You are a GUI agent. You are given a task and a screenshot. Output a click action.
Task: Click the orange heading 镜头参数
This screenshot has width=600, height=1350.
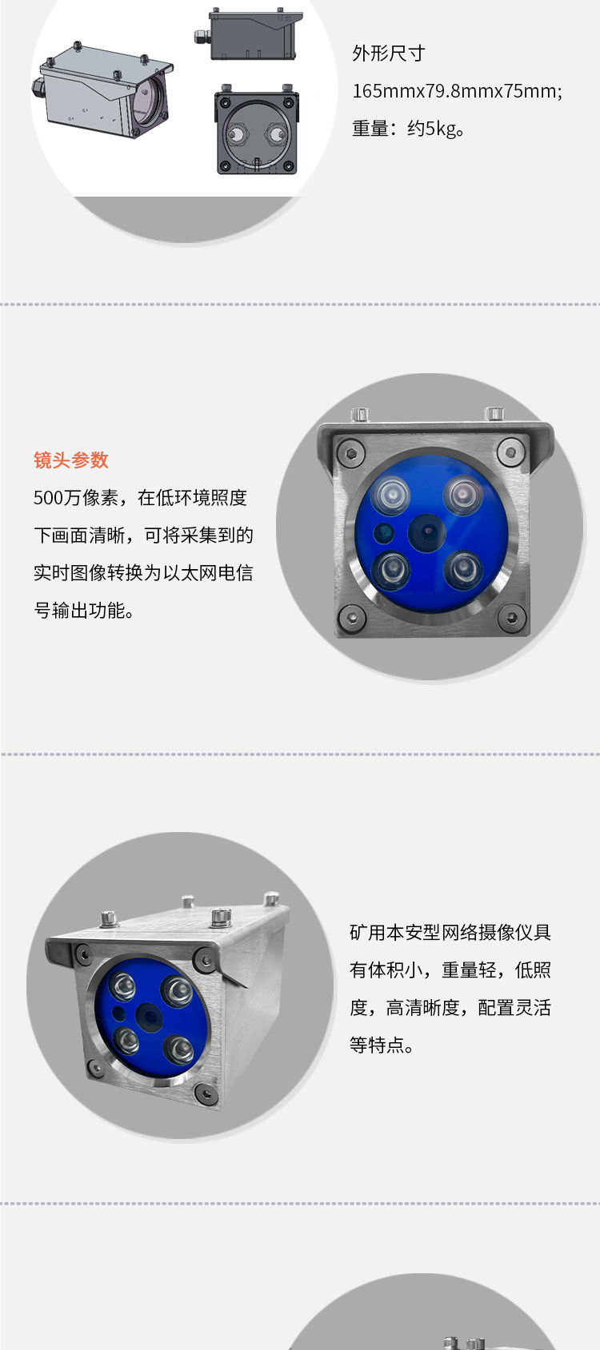[70, 460]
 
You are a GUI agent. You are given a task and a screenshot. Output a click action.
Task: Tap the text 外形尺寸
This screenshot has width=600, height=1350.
[389, 54]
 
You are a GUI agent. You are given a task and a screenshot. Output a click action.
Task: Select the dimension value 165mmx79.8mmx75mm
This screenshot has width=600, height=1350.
[454, 91]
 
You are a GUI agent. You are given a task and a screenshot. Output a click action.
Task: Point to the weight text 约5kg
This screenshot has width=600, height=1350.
[431, 129]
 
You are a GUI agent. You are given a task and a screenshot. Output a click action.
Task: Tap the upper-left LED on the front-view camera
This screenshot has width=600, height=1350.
[390, 496]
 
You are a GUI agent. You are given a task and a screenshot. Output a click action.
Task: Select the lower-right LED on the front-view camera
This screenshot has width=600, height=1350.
[463, 569]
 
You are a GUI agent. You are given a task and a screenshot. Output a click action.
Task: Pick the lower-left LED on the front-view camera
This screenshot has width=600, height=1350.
[390, 570]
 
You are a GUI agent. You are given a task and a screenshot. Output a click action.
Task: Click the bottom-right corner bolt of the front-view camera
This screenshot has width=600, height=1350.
[511, 616]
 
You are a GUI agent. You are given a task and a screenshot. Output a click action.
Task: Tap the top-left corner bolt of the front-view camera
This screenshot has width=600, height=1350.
[350, 452]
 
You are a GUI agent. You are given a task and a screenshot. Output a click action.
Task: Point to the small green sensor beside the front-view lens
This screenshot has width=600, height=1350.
[383, 533]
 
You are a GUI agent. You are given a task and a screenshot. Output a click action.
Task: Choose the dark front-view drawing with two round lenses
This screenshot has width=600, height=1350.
[257, 129]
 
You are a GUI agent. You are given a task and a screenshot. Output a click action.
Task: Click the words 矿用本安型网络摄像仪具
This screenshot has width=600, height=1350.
[450, 932]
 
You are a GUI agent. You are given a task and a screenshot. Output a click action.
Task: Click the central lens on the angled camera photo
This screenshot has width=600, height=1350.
[148, 1017]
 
